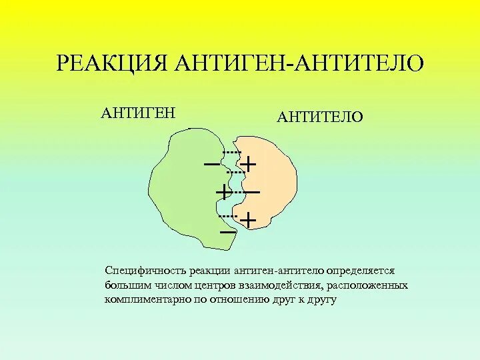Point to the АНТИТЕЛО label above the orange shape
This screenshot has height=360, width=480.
tap(320, 117)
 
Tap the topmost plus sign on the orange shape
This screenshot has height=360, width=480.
tap(248, 163)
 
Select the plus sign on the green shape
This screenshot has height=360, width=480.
tap(223, 192)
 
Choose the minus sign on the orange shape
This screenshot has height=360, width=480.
tap(251, 192)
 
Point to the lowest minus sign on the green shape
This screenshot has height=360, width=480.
tap(227, 231)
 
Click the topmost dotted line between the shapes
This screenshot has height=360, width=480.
tap(232, 153)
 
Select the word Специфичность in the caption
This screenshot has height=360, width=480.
tap(138, 271)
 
